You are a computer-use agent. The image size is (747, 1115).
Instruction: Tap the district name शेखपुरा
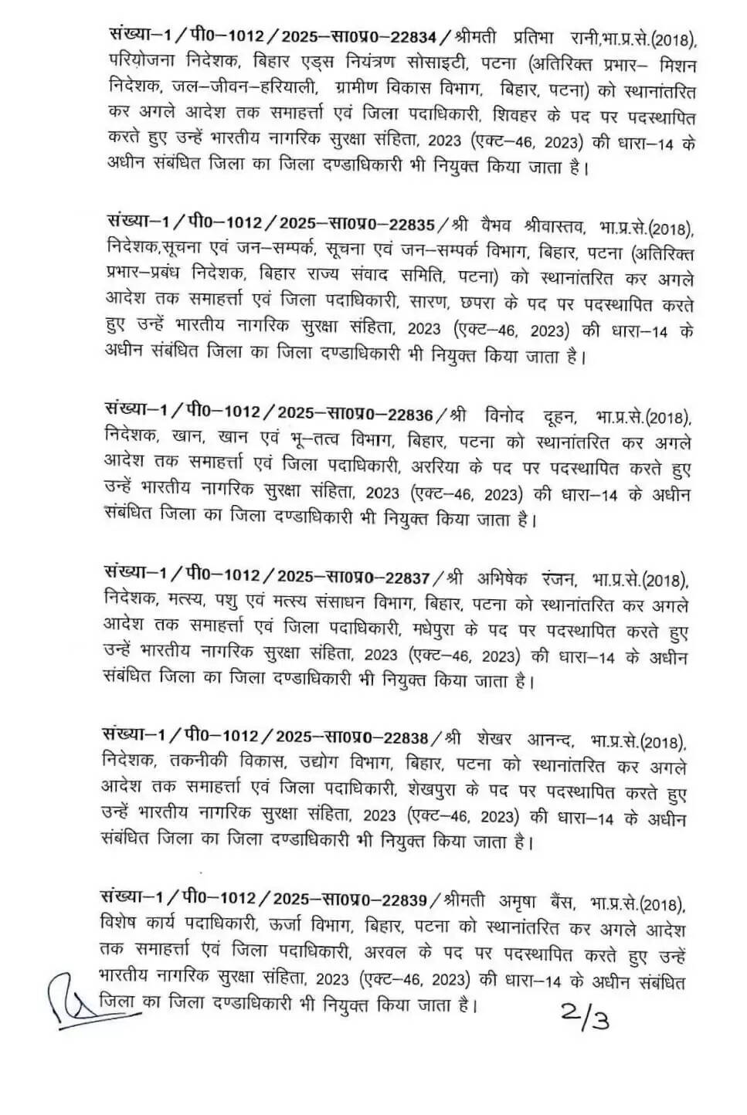pos(434,792)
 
